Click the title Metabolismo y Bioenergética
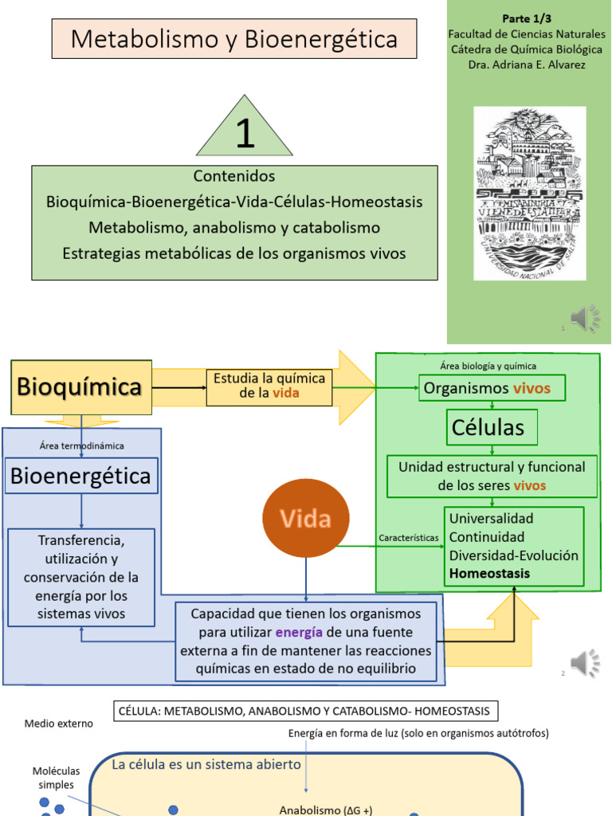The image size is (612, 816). pyautogui.click(x=233, y=39)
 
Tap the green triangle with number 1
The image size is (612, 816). pyautogui.click(x=245, y=132)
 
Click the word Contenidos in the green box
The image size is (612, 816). pyautogui.click(x=234, y=176)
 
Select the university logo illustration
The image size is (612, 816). pyautogui.click(x=529, y=193)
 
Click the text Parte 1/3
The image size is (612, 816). pyautogui.click(x=527, y=18)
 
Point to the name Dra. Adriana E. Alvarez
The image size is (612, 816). pyautogui.click(x=527, y=65)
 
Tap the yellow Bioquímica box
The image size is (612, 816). pyautogui.click(x=80, y=388)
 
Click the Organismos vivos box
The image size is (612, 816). pyautogui.click(x=492, y=388)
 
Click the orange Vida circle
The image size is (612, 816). pyautogui.click(x=306, y=520)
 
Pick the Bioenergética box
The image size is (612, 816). pyautogui.click(x=80, y=476)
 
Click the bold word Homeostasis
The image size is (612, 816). pyautogui.click(x=489, y=573)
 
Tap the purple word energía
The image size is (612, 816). pyautogui.click(x=300, y=633)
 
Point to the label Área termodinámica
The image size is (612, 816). pyautogui.click(x=81, y=445)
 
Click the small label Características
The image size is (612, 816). pyautogui.click(x=408, y=538)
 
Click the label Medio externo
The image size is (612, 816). pyautogui.click(x=58, y=724)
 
